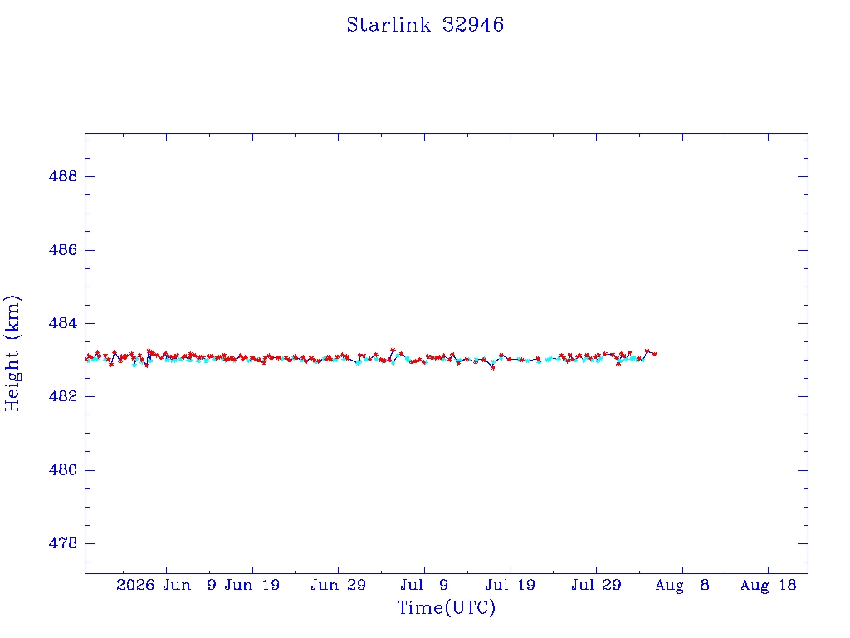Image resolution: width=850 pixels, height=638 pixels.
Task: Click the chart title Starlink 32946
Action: click(x=425, y=25)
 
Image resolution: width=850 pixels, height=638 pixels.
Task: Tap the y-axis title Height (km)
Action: click(x=12, y=353)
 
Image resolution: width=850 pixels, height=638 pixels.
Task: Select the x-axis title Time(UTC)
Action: click(x=446, y=607)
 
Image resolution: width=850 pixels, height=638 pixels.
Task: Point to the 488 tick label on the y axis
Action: click(x=63, y=176)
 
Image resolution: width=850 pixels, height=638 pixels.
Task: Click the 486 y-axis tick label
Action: click(x=63, y=250)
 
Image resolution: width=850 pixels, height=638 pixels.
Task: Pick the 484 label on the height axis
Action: click(x=63, y=323)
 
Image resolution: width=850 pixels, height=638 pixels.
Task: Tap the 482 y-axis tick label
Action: click(x=63, y=396)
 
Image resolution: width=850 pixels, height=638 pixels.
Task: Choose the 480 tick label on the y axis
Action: click(x=63, y=470)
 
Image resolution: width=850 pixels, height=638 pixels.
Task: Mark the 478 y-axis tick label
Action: click(x=63, y=543)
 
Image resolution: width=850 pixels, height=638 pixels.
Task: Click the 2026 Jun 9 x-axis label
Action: click(x=166, y=585)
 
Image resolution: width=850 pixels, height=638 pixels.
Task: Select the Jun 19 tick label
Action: click(x=252, y=585)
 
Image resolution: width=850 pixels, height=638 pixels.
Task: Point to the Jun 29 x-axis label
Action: click(x=339, y=585)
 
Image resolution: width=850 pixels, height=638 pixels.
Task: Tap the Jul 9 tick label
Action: click(x=424, y=585)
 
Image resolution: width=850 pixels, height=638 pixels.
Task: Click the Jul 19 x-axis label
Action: click(x=510, y=585)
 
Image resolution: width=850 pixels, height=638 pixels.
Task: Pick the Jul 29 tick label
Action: click(x=596, y=585)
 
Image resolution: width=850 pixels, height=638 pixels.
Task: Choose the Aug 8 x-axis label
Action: click(x=682, y=585)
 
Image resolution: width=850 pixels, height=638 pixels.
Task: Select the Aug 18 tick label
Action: click(x=768, y=585)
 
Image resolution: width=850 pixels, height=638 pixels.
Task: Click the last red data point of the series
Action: click(x=655, y=354)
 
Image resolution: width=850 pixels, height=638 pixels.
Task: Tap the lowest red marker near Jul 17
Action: click(x=493, y=368)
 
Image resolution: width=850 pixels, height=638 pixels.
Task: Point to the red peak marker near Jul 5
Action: click(x=393, y=350)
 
